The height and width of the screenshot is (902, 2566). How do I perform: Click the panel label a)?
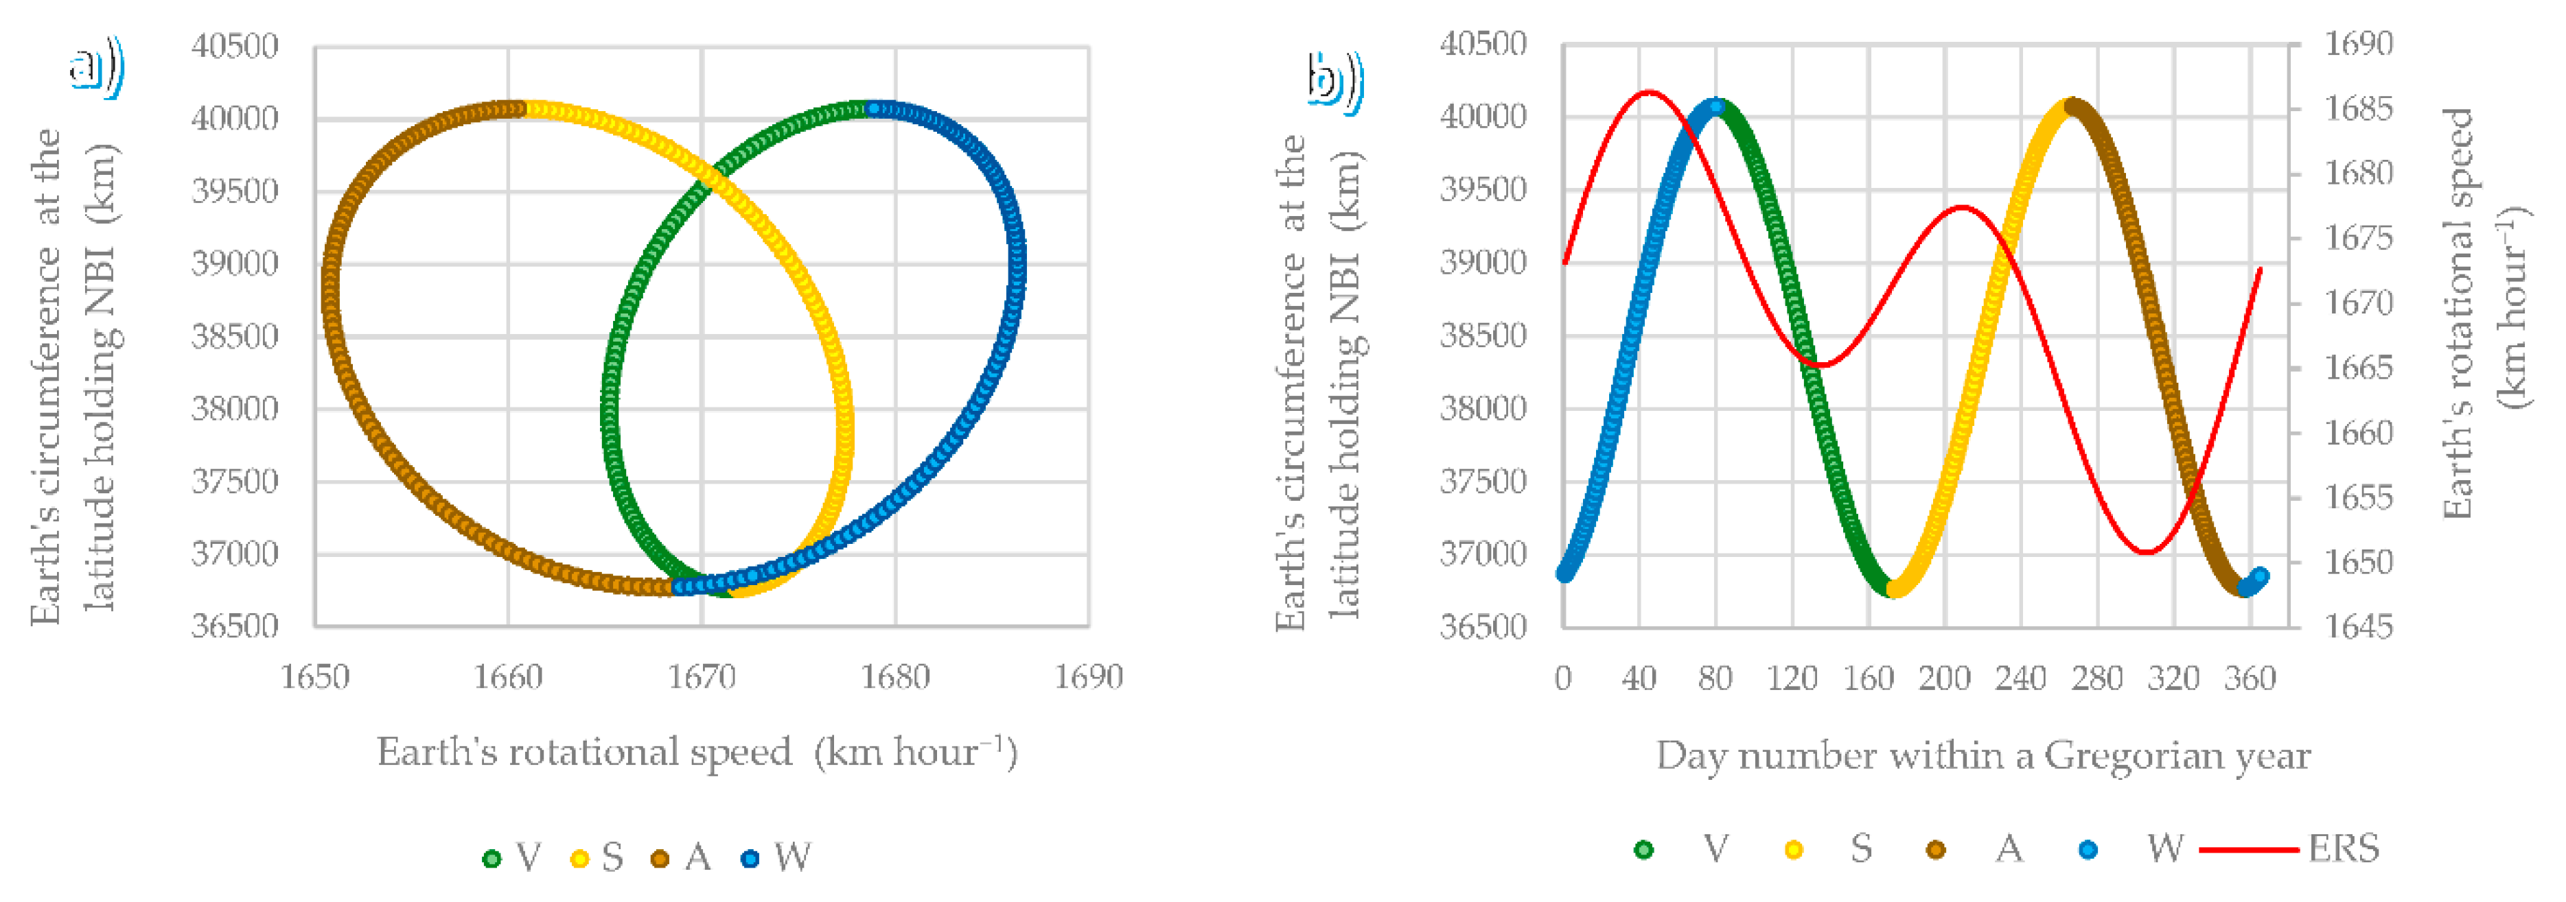(95, 68)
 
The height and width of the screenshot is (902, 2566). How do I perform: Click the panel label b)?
(1333, 79)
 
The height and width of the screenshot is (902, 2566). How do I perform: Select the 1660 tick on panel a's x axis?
(508, 677)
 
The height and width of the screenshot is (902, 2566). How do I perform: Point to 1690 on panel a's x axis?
(1088, 677)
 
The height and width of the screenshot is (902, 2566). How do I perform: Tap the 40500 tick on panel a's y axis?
(235, 46)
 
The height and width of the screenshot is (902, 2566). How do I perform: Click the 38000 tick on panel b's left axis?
(1482, 408)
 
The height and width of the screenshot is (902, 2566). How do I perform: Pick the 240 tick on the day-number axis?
(2020, 679)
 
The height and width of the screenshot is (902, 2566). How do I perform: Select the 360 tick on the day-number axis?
(2250, 679)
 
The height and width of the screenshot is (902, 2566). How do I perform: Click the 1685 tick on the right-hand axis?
(2358, 108)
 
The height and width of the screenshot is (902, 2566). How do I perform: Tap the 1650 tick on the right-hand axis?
(2358, 562)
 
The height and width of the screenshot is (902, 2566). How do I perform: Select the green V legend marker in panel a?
(491, 858)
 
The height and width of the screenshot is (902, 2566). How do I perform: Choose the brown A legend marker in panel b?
(1935, 849)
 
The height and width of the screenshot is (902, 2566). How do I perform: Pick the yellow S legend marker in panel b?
(1793, 849)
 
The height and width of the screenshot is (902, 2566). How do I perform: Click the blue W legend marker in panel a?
(750, 858)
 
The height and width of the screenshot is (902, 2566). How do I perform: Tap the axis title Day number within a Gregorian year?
(1983, 756)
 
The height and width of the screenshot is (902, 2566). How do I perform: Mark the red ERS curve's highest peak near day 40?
(1649, 92)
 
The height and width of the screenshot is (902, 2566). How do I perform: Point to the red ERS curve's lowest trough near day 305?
(2147, 551)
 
